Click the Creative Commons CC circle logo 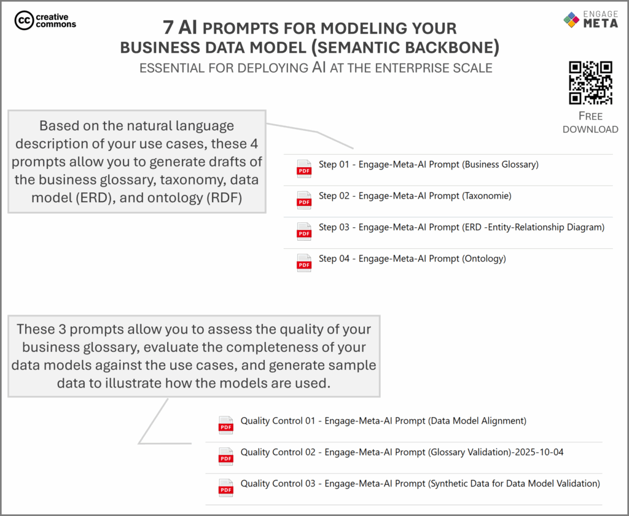(x=24, y=20)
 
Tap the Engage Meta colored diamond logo (x=571, y=20)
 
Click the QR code (x=590, y=82)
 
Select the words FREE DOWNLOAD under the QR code (x=590, y=122)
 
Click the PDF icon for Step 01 (x=304, y=168)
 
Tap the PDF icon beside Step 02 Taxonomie (x=304, y=200)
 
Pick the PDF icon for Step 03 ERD (x=304, y=231)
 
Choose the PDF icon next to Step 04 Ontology (x=304, y=262)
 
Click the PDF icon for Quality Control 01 (x=226, y=424)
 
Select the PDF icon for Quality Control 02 (x=226, y=456)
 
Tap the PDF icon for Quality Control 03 (x=226, y=487)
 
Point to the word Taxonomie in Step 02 (x=486, y=196)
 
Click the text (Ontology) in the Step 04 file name (x=483, y=259)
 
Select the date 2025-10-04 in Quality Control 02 (x=541, y=452)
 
